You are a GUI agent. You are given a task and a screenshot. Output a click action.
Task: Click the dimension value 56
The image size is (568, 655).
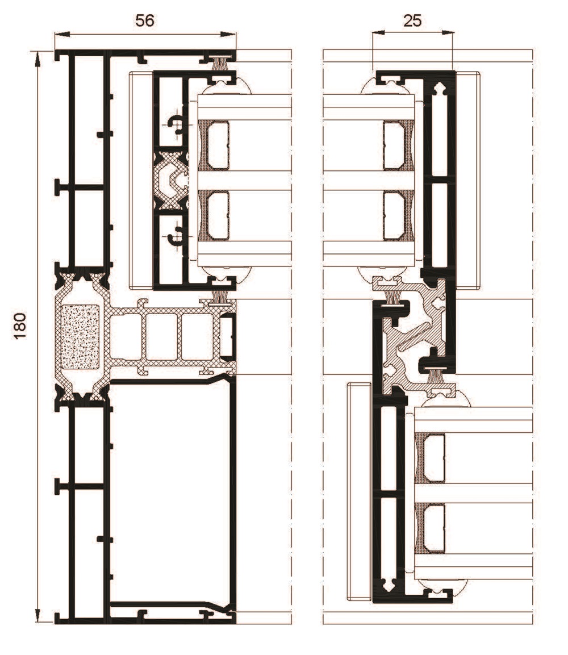pyautogui.click(x=145, y=20)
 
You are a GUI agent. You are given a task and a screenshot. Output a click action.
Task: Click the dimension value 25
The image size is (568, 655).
pyautogui.click(x=412, y=20)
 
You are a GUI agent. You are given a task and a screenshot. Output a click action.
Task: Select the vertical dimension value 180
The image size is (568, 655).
pyautogui.click(x=20, y=325)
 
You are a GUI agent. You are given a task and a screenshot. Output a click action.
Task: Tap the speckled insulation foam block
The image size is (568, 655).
pyautogui.click(x=80, y=337)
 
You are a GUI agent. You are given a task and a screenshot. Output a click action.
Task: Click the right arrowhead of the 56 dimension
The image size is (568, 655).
pyautogui.click(x=228, y=34)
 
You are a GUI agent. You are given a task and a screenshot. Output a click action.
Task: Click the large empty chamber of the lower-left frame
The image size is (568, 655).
pyautogui.click(x=169, y=493)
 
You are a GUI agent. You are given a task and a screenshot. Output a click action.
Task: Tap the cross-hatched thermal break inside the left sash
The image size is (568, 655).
pyautogui.click(x=171, y=181)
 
